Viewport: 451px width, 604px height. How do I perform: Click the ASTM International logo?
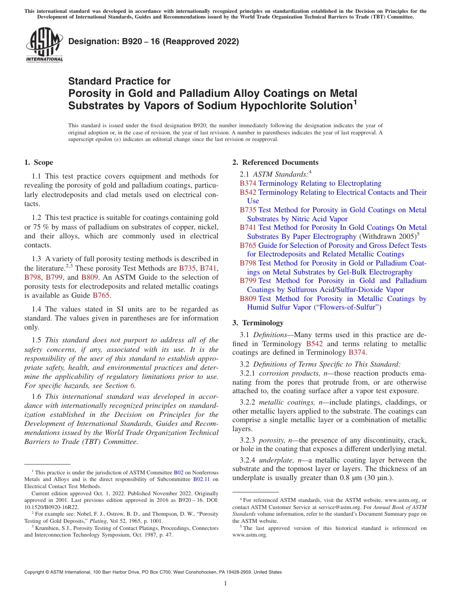click(x=44, y=45)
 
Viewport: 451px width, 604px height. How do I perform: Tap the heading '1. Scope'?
click(x=38, y=162)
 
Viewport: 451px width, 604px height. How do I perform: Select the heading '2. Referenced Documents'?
click(x=275, y=162)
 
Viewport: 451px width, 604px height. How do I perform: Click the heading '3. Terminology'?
click(x=258, y=323)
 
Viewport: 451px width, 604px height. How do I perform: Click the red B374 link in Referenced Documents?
click(x=248, y=183)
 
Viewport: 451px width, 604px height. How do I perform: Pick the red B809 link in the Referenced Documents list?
click(x=248, y=299)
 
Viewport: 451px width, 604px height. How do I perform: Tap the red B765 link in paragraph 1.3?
click(x=101, y=295)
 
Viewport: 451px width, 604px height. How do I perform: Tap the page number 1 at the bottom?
click(x=225, y=584)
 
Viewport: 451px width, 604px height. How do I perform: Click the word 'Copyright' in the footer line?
click(x=35, y=572)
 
